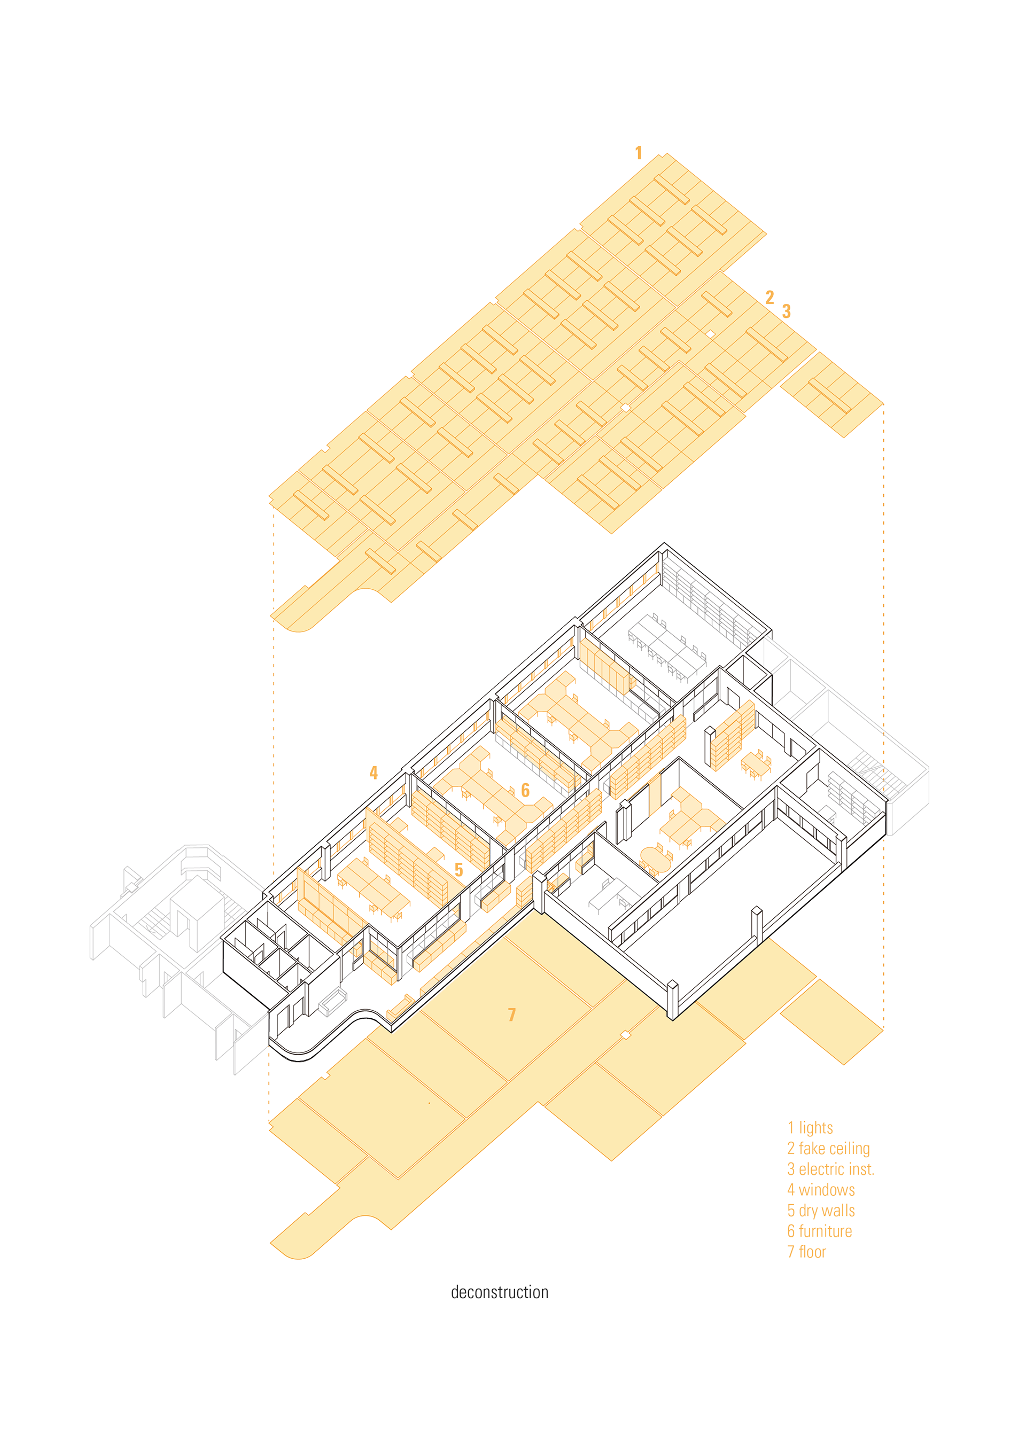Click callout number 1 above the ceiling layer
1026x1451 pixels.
[x=639, y=153]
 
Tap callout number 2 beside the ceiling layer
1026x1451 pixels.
[x=770, y=298]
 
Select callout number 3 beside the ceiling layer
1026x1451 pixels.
[x=787, y=311]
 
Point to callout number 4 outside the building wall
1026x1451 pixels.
[x=374, y=773]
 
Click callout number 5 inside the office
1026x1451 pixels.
[x=459, y=870]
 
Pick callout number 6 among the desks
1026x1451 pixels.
[x=525, y=790]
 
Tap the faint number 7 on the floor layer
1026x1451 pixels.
[x=512, y=1015]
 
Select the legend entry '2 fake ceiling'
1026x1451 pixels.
[x=828, y=1148]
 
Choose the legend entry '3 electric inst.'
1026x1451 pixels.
[x=830, y=1169]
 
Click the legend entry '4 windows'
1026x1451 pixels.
[x=821, y=1190]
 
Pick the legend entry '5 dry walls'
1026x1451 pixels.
[x=821, y=1210]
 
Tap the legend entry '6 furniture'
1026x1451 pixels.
[x=819, y=1231]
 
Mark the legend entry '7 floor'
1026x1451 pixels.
[x=807, y=1252]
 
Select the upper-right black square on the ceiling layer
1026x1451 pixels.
[x=711, y=334]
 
